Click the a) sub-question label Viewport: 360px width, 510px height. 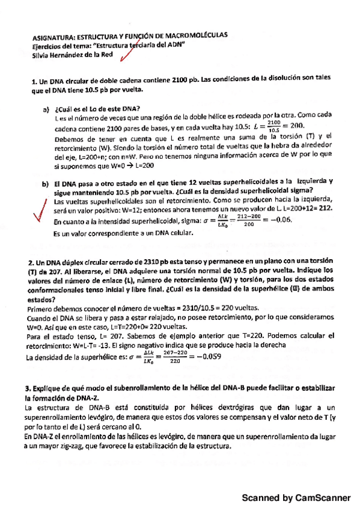(45, 109)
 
